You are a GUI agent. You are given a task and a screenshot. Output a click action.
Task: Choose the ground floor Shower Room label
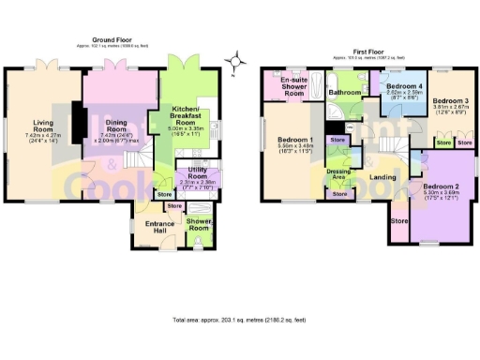(x=199, y=223)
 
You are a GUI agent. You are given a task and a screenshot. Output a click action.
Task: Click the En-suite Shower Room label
(x=293, y=87)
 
